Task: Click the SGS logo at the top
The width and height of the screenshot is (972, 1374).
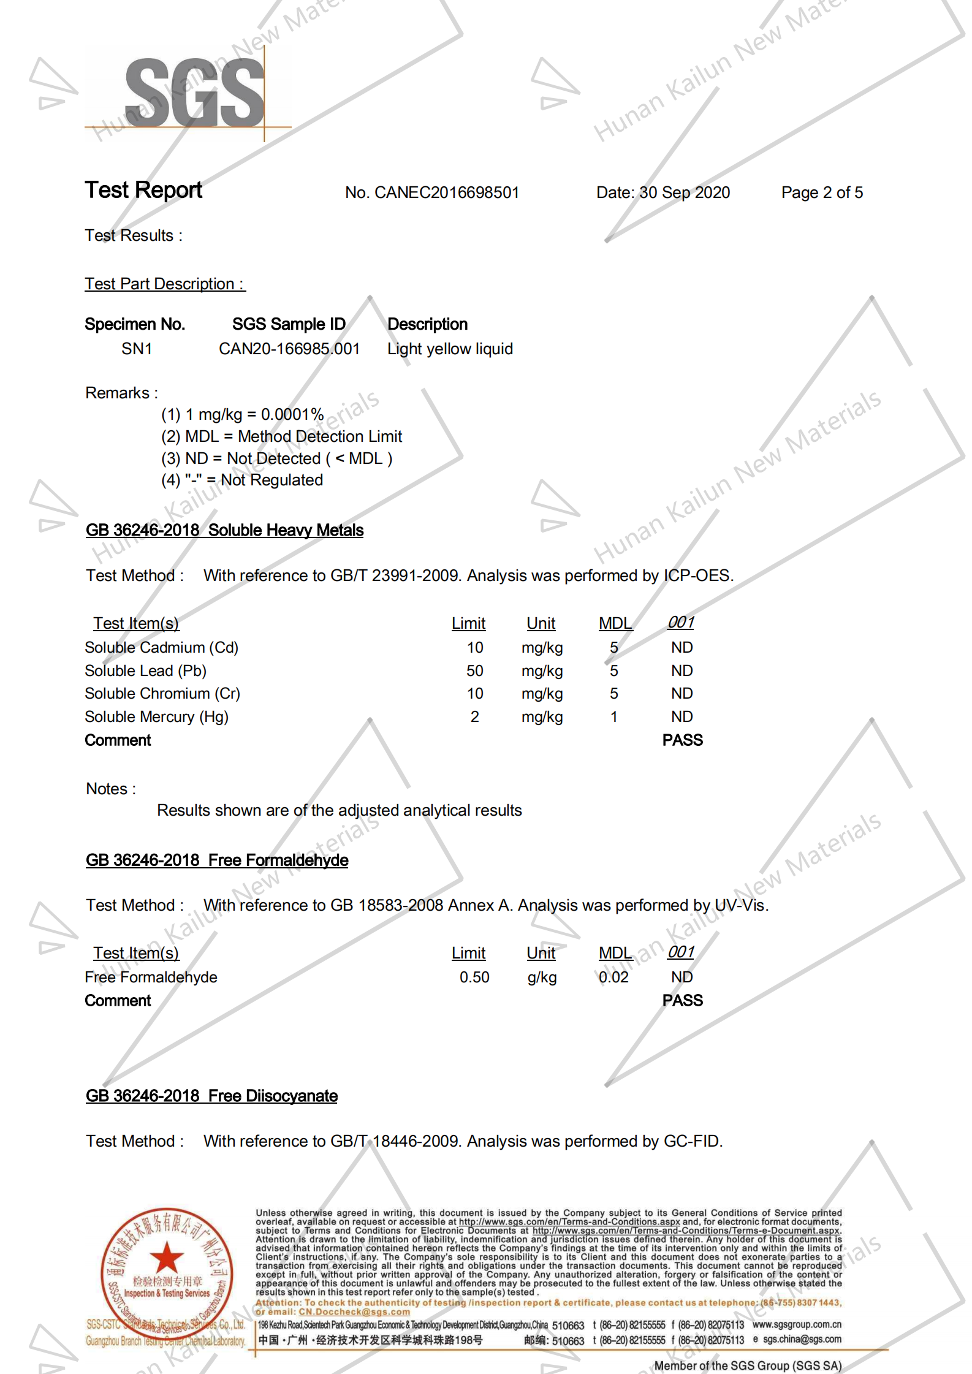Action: point(195,93)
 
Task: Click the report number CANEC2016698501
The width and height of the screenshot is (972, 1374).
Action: point(447,193)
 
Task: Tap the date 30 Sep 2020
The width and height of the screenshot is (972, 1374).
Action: point(685,193)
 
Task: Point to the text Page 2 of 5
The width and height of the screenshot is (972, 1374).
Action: point(821,193)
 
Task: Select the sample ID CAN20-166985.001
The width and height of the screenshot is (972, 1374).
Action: point(289,349)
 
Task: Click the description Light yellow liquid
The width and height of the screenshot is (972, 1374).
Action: point(450,349)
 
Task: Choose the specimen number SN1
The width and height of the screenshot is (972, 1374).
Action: point(137,349)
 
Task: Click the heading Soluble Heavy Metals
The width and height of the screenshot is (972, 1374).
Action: point(286,531)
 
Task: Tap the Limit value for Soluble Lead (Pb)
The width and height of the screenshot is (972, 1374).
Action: point(474,671)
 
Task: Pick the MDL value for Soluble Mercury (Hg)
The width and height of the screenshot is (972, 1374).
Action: point(613,717)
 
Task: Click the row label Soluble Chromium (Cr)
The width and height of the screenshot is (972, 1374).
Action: point(162,694)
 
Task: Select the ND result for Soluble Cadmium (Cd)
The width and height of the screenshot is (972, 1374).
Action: point(682,648)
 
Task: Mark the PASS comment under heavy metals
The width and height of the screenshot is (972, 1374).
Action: point(682,740)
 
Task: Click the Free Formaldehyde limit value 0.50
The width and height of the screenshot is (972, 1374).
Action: point(474,977)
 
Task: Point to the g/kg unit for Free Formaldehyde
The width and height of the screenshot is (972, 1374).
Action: point(542,977)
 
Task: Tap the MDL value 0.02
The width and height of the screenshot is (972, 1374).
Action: point(613,977)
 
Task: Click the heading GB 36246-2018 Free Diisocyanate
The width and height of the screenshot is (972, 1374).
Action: point(211,1096)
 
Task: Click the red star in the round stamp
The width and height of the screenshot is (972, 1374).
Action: point(167,1258)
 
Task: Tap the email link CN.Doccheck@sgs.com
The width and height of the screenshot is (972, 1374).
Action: point(354,1311)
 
